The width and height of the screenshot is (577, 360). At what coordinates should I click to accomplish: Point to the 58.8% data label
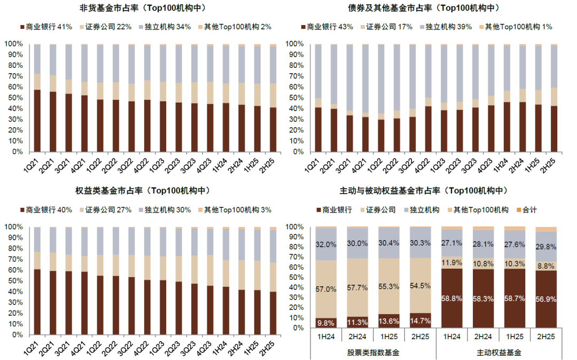click(x=452, y=298)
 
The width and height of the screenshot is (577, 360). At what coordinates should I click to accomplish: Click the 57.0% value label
click(x=326, y=289)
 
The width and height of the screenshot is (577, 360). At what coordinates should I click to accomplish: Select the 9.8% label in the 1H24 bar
click(x=326, y=322)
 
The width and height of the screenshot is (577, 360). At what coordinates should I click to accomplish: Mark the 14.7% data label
click(x=420, y=320)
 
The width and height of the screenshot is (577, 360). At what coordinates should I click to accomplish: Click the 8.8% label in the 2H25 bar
click(x=546, y=265)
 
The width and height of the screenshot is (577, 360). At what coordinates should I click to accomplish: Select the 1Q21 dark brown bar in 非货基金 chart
click(x=37, y=121)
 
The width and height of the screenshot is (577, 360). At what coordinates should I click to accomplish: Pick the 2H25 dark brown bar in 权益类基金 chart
click(x=272, y=313)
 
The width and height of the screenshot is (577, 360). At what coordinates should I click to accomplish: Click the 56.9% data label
click(x=546, y=299)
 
